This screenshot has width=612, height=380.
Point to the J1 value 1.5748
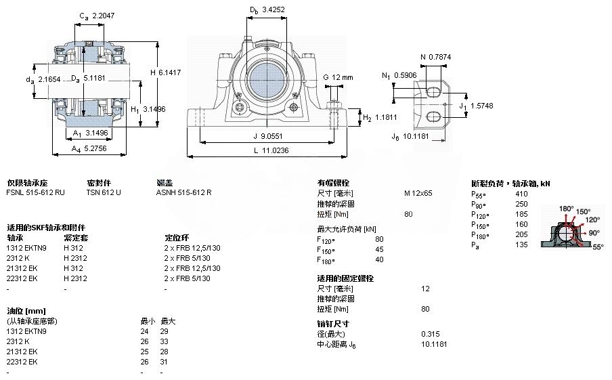(x=484, y=106)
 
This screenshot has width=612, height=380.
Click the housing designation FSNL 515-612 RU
(x=35, y=192)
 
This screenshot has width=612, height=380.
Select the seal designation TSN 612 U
(x=104, y=192)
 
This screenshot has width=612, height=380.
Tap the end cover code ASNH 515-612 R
(x=183, y=192)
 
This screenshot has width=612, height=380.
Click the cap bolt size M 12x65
(x=418, y=193)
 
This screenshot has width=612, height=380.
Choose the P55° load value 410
(x=521, y=193)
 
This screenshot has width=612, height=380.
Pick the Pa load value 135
(x=521, y=245)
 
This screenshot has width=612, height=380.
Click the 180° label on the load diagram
(x=566, y=208)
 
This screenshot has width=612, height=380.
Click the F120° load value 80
(x=379, y=239)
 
